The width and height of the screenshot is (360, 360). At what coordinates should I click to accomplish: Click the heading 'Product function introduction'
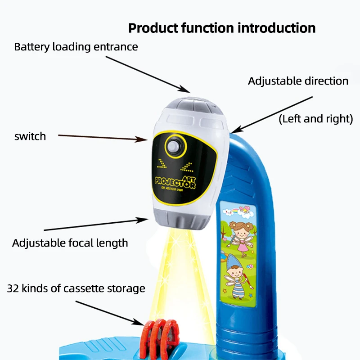click(222, 28)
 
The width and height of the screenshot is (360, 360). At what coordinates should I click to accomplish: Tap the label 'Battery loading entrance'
click(76, 47)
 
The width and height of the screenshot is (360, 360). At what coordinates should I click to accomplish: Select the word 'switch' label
click(30, 136)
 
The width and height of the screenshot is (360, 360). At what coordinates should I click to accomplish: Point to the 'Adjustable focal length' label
click(70, 243)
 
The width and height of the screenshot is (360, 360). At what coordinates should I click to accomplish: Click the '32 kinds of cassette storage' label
click(76, 288)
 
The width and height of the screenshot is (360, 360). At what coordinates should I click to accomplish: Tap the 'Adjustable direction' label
click(298, 81)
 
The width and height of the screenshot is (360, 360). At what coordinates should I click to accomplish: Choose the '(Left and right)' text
click(315, 119)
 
